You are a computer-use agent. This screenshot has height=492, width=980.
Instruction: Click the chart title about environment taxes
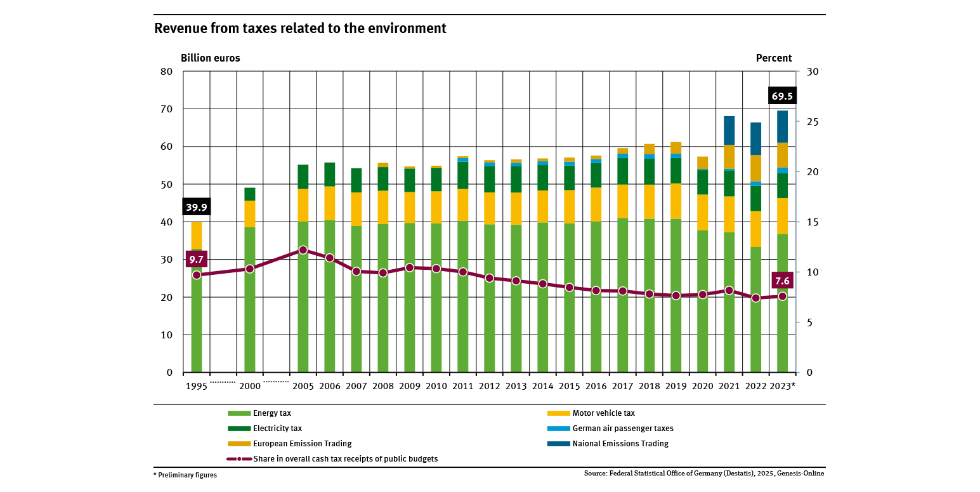point(300,29)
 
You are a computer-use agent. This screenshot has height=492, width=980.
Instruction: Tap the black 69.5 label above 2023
point(781,96)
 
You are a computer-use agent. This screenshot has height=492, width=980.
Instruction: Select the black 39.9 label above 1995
point(196,208)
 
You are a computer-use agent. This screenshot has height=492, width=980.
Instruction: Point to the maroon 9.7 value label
point(197,259)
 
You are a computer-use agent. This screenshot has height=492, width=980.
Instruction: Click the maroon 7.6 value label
point(782,281)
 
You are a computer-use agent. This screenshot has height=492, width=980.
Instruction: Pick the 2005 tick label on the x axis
point(303,386)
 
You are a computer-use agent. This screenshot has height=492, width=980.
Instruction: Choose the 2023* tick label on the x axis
point(782,386)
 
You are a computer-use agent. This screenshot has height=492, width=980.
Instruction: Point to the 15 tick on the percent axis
point(813,222)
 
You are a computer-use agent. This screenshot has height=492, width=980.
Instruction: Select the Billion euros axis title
point(211,58)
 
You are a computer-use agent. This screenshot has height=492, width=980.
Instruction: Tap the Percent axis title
point(774,58)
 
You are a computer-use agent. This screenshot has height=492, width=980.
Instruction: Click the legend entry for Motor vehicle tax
point(603,413)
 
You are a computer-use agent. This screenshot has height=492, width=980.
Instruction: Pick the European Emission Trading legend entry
point(302,444)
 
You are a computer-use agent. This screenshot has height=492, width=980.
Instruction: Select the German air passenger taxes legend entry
point(622,429)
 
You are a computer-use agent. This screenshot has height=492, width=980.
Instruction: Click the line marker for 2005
point(303,250)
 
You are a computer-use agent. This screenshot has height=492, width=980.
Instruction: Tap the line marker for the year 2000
point(250,269)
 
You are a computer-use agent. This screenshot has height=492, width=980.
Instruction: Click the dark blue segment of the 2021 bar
point(729,131)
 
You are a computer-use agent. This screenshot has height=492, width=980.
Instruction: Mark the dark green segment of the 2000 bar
point(250,194)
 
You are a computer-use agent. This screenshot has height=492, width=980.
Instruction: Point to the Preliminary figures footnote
point(185,475)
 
